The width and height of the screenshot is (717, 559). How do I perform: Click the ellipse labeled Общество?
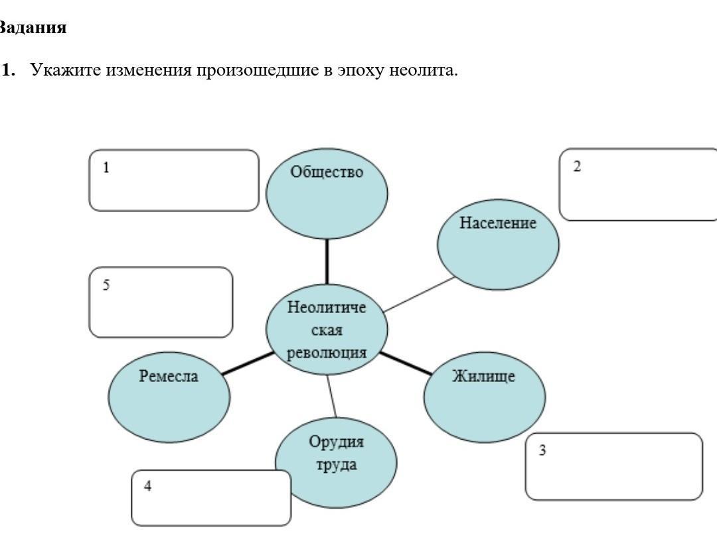coord(327,192)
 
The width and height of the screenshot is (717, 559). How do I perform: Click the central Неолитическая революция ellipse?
coord(327,329)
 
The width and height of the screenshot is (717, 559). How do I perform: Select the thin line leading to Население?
coord(420,294)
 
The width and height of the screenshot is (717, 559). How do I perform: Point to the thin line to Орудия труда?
coord(331,397)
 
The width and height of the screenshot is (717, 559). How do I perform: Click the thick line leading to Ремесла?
coord(247,364)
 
